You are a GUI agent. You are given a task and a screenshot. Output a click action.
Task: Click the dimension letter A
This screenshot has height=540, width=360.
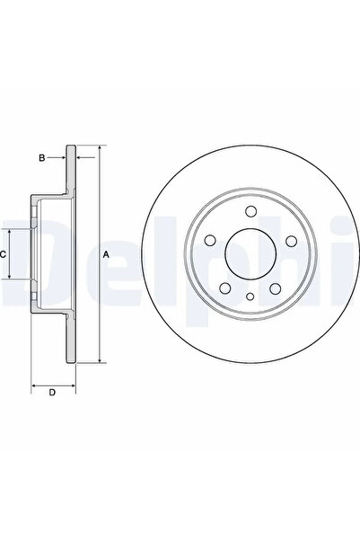click(106, 255)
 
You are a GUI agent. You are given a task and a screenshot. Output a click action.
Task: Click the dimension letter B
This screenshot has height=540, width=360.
click(40, 158)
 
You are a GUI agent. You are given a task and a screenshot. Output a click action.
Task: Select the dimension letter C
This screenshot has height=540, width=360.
click(4, 255)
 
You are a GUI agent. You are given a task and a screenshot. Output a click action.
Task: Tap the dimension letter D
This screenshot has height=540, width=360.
click(51, 392)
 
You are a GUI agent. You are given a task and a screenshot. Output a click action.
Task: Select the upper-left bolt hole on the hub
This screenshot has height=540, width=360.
click(212, 242)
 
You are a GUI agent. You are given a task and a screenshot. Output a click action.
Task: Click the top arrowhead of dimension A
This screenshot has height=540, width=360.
click(98, 149)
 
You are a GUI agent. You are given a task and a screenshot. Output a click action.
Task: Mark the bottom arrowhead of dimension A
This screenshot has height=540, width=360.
click(98, 359)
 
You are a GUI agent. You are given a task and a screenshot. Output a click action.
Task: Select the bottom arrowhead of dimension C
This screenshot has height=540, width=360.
click(11, 278)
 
